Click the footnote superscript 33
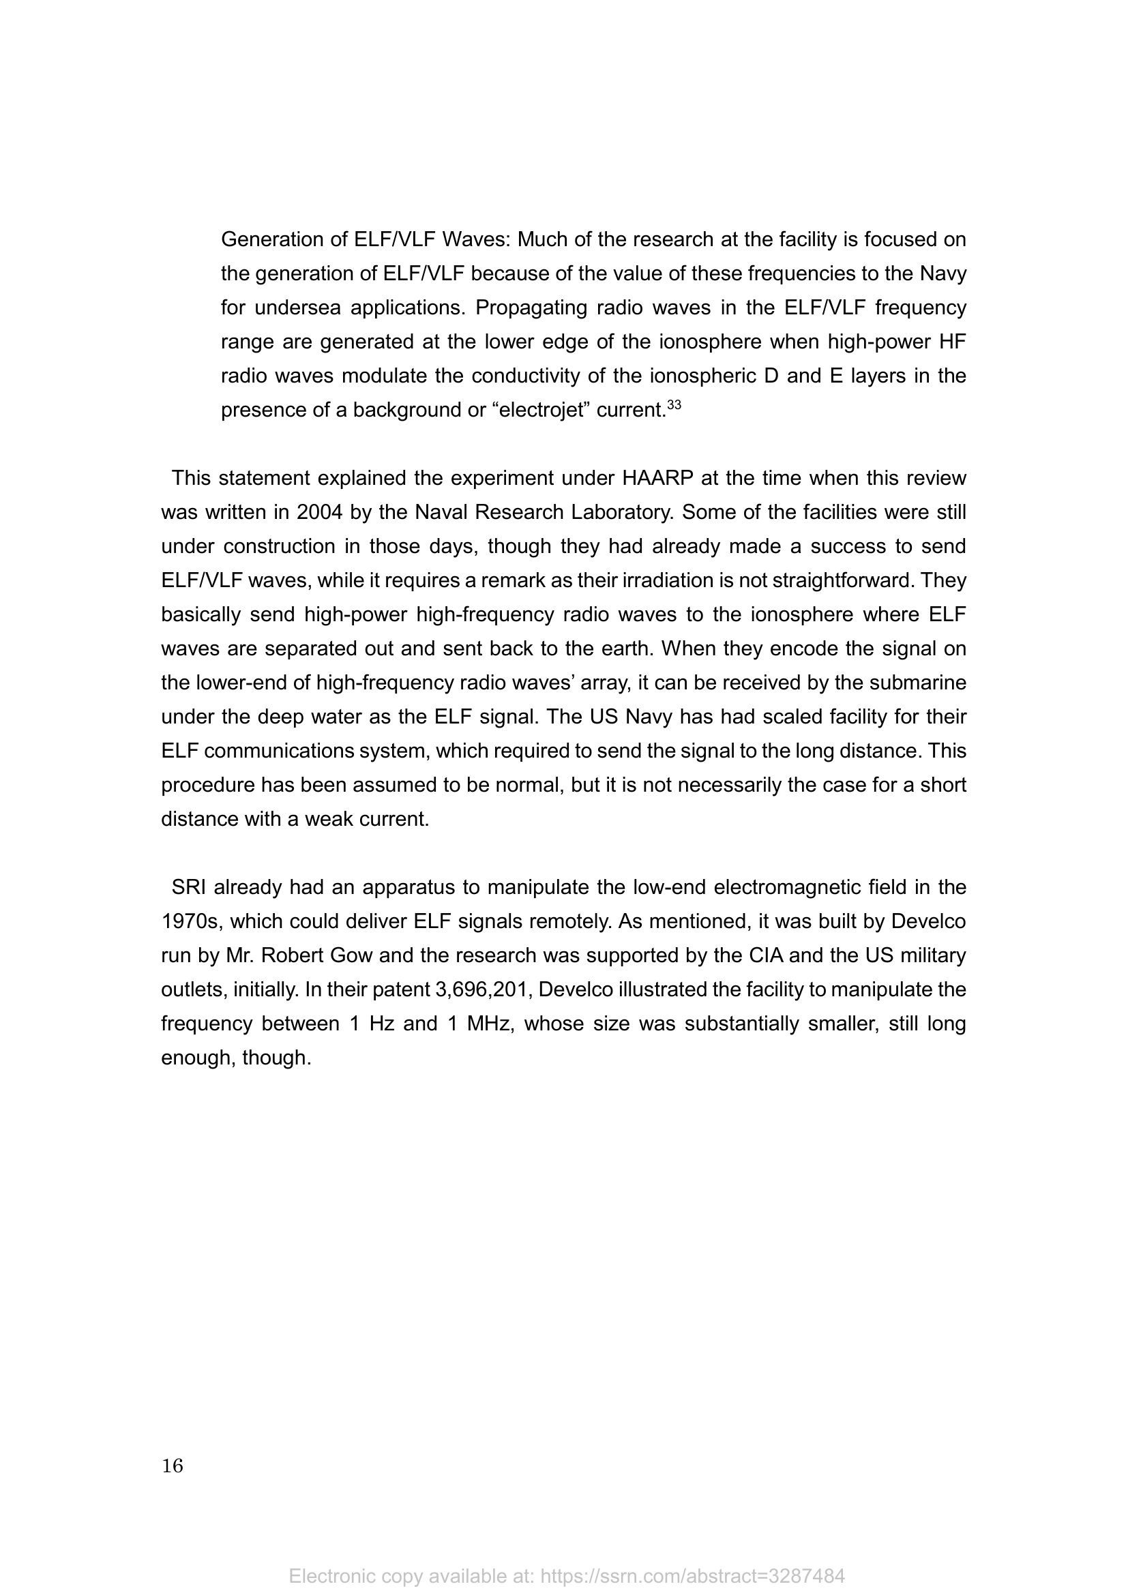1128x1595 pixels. coord(674,404)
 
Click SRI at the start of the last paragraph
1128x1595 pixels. coord(189,887)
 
